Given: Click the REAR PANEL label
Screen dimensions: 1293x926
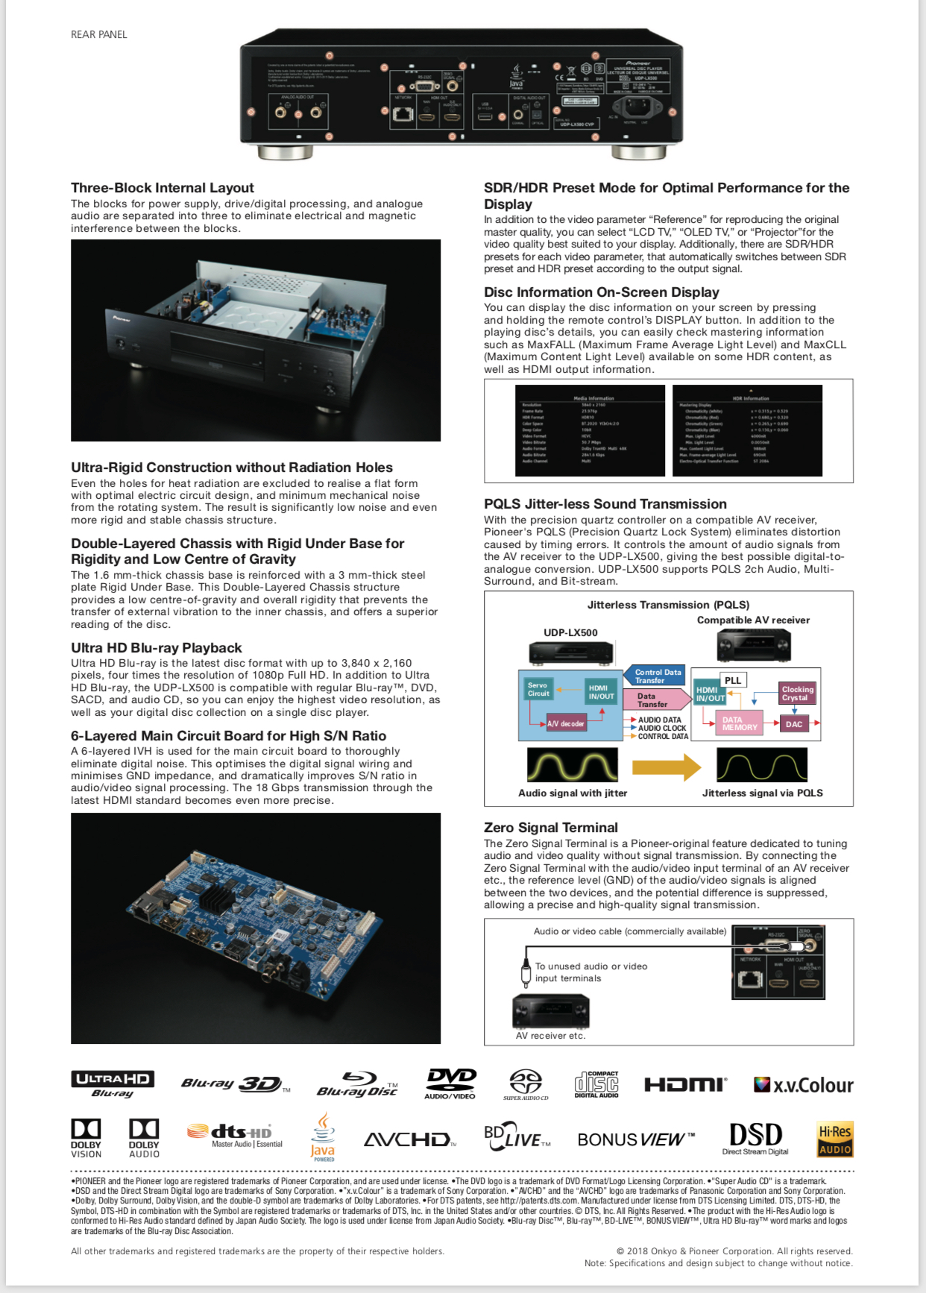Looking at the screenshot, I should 98,34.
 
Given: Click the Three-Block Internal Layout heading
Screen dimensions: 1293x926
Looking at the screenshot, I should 162,188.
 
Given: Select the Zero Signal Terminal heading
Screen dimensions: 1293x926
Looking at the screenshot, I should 550,827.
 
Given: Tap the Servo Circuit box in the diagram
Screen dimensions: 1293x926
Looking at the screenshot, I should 538,690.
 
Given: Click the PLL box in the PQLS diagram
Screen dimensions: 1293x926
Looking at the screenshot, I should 733,680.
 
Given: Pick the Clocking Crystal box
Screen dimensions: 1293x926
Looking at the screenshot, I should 797,693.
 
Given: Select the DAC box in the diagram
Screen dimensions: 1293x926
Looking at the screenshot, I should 794,724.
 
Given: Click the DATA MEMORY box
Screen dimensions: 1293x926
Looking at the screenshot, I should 739,723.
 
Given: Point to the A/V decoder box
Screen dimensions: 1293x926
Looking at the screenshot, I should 566,723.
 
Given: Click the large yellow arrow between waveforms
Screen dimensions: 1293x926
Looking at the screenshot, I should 666,767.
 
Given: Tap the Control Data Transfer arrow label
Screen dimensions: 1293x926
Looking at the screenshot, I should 657,676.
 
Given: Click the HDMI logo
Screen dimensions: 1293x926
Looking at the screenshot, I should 685,1084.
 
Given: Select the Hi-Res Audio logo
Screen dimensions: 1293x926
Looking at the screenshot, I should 835,1139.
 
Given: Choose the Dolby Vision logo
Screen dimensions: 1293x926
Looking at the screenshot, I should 86,1138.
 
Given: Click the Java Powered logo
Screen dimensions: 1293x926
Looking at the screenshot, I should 323,1138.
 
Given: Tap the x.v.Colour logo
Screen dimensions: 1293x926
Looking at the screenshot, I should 803,1085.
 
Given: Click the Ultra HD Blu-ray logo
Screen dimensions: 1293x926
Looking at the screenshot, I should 113,1084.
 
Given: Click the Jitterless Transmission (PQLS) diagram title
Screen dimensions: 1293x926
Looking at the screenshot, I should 668,605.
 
